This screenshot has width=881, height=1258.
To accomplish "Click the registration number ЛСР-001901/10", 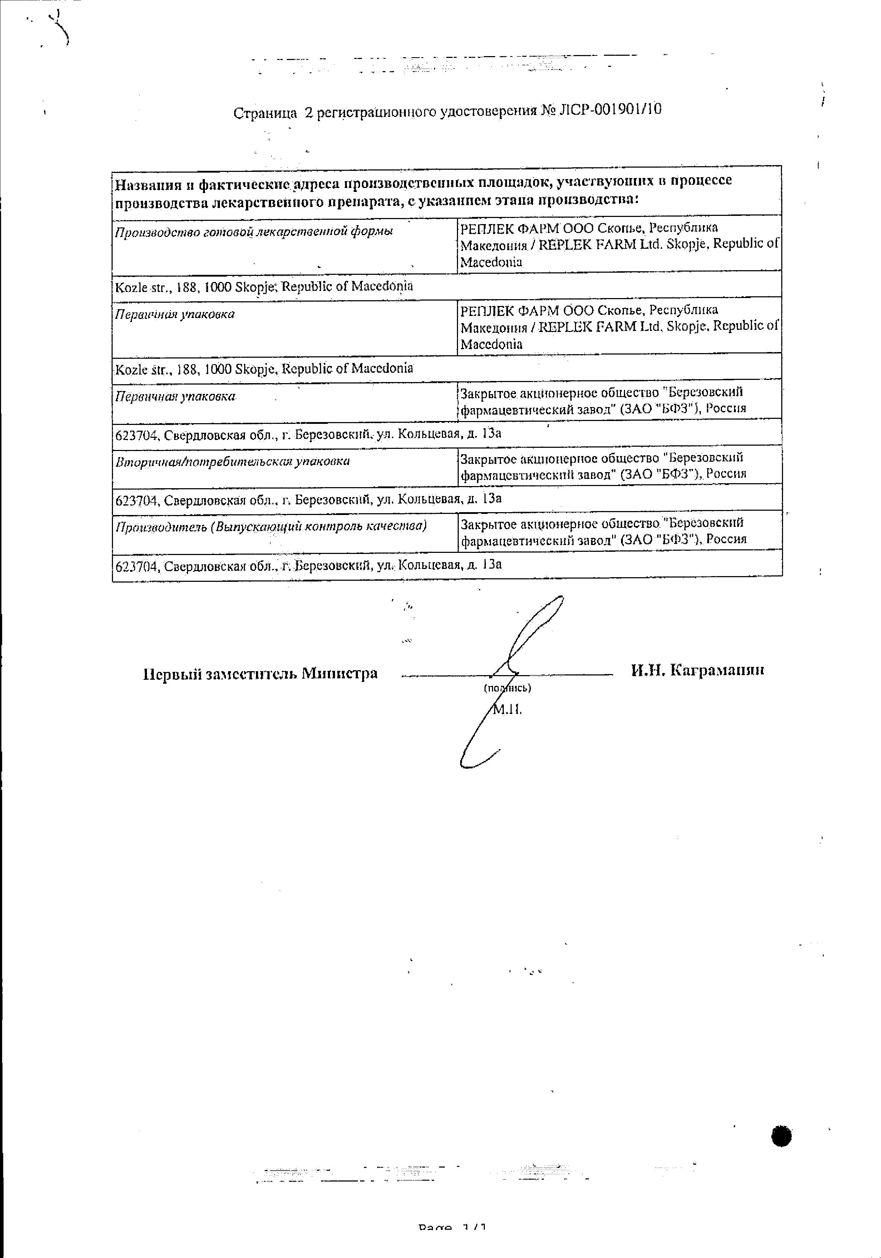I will tap(609, 110).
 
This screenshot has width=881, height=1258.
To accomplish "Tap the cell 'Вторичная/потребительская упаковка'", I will tap(232, 461).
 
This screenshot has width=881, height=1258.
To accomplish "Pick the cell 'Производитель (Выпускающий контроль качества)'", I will tap(271, 526).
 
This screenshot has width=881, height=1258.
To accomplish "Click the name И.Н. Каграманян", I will tap(697, 670).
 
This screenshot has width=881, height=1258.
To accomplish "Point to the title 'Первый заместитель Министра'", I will tap(260, 673).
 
